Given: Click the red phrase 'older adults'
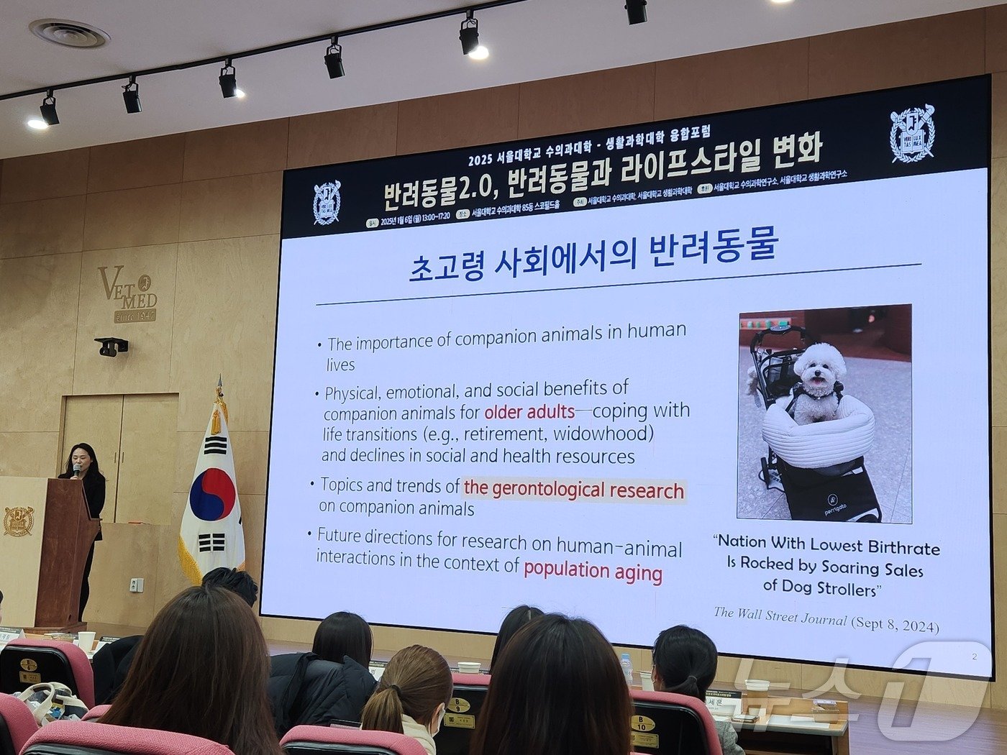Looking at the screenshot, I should pyautogui.click(x=529, y=412).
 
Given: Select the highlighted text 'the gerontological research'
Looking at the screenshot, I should pyautogui.click(x=573, y=490).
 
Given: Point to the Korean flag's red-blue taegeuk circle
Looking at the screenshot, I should pyautogui.click(x=212, y=495).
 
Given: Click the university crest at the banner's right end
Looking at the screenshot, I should pyautogui.click(x=911, y=134).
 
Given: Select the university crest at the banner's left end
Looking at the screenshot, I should pyautogui.click(x=327, y=202).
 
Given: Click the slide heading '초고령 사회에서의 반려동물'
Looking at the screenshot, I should pyautogui.click(x=593, y=255).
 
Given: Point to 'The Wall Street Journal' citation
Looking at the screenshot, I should pyautogui.click(x=780, y=616).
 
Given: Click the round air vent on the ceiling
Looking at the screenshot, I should pyautogui.click(x=69, y=33).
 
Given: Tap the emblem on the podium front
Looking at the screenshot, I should pyautogui.click(x=18, y=521).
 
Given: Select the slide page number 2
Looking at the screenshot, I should pyautogui.click(x=975, y=656).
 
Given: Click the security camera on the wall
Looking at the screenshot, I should pyautogui.click(x=111, y=347).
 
